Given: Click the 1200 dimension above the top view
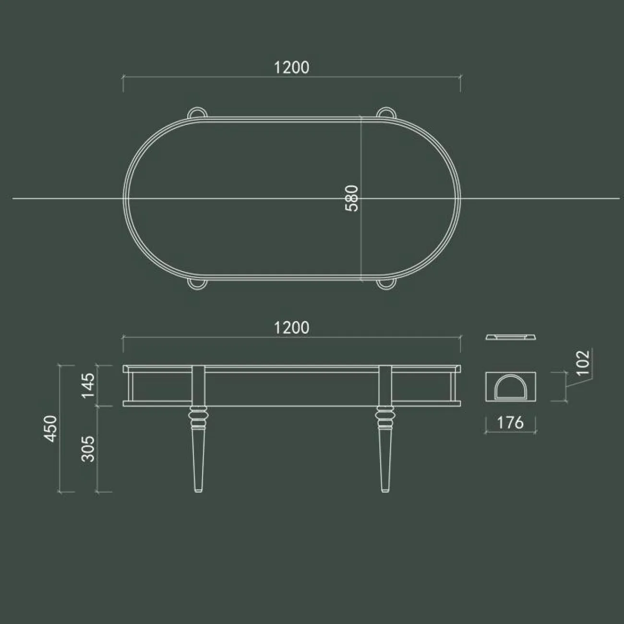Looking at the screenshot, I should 291,68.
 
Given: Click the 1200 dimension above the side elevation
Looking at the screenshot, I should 291,328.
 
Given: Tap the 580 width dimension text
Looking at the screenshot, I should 352,198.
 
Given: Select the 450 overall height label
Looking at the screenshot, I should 51,426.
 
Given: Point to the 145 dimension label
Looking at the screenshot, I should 88,385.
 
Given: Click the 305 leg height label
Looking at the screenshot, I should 88,448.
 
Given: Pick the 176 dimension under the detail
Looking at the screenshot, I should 510,423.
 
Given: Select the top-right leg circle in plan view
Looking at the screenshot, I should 386,112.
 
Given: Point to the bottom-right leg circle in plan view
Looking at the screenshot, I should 386,284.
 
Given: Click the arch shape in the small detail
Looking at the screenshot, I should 510,387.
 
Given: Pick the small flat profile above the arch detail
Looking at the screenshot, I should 510,337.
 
